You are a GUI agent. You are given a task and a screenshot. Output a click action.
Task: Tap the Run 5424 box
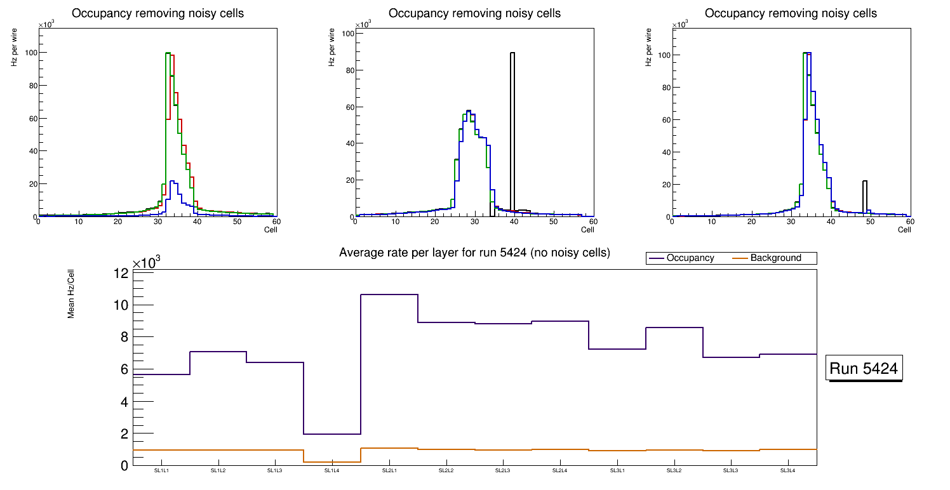pyautogui.click(x=864, y=368)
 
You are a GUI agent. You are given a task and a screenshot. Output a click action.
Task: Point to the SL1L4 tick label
pyautogui.click(x=332, y=471)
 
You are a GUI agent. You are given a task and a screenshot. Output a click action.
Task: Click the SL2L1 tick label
pyautogui.click(x=389, y=471)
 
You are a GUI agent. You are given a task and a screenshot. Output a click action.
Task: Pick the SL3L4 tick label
pyautogui.click(x=787, y=471)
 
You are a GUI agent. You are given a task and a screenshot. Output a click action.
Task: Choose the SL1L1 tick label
pyautogui.click(x=161, y=471)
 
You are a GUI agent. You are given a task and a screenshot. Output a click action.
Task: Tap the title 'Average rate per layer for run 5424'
pyautogui.click(x=474, y=253)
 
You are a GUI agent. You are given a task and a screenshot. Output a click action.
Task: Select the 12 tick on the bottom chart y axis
pyautogui.click(x=121, y=274)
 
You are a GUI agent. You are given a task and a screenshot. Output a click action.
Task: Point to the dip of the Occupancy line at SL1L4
pyautogui.click(x=332, y=434)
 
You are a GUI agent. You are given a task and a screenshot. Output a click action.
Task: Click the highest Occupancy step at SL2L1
pyautogui.click(x=389, y=295)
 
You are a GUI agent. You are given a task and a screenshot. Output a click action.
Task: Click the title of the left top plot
pyautogui.click(x=157, y=13)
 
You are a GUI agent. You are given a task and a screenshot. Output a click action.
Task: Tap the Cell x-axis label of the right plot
pyautogui.click(x=904, y=230)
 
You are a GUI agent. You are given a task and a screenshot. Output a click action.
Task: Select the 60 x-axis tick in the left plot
pyautogui.click(x=276, y=222)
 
